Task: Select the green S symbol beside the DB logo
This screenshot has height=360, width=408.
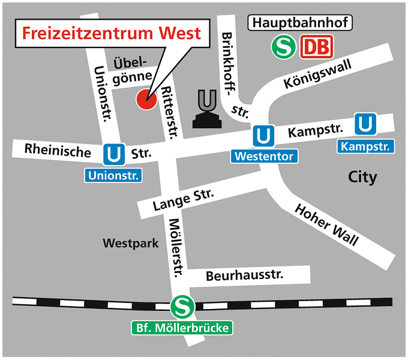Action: click(x=283, y=47)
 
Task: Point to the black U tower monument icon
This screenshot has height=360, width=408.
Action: click(x=208, y=109)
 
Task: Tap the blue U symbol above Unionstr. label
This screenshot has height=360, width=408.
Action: click(x=113, y=154)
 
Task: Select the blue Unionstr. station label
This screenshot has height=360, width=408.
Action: click(x=113, y=176)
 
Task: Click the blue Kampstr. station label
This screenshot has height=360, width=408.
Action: click(x=365, y=146)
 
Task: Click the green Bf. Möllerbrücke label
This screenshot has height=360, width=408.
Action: click(x=181, y=328)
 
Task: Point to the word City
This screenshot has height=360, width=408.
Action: click(x=363, y=177)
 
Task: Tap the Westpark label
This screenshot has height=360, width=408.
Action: click(x=130, y=244)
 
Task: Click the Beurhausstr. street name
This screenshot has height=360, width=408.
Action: click(x=244, y=276)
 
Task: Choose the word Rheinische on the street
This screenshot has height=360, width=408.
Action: click(x=58, y=150)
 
